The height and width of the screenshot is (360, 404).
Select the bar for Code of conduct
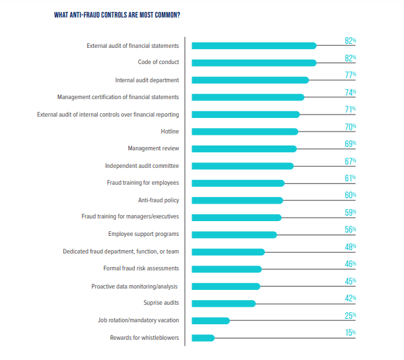(254, 63)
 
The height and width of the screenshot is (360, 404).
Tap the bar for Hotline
(244, 131)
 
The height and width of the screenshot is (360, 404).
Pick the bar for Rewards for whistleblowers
(203, 338)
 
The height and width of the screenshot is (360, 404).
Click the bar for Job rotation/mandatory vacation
(210, 320)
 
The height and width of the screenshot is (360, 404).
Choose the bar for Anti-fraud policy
(237, 200)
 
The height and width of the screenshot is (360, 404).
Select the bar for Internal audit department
(250, 80)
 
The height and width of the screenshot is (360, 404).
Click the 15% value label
(350, 333)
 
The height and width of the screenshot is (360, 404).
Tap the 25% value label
(350, 316)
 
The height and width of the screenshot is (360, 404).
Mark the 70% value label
(350, 127)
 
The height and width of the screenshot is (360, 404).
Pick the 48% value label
(350, 247)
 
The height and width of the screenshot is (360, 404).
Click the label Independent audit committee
(142, 166)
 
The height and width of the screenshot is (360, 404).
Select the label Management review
(153, 148)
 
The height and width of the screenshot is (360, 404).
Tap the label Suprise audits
(161, 303)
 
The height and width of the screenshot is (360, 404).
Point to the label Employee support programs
(144, 235)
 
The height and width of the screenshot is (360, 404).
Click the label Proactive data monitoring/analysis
(135, 286)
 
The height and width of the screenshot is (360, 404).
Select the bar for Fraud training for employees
(237, 183)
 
